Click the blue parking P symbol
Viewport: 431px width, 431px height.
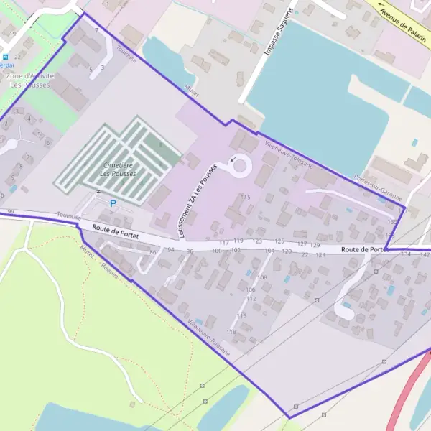[x=112, y=203]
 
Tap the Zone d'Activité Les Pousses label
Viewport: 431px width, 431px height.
[x=29, y=80]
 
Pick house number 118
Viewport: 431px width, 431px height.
[x=231, y=332]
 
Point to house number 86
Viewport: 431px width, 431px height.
[x=152, y=253]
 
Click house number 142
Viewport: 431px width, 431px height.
[x=424, y=254]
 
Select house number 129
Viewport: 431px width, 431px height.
[x=315, y=246]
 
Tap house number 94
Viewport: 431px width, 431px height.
[x=171, y=249]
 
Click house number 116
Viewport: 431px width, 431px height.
[x=241, y=316]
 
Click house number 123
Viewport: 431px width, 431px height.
[x=257, y=241]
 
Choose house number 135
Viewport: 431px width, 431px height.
[x=392, y=222]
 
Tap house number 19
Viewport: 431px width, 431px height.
[x=12, y=34]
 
